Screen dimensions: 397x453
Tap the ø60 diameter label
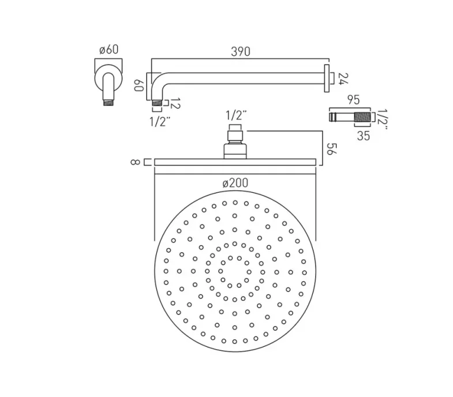click(x=108, y=50)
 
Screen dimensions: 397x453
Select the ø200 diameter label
click(x=235, y=183)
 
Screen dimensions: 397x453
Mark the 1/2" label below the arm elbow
click(x=159, y=121)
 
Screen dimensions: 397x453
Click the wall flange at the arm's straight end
click(x=327, y=78)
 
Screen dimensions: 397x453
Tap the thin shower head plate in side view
click(x=235, y=162)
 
